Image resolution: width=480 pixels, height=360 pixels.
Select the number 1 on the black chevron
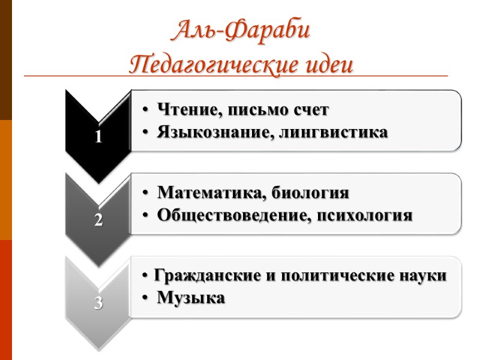coord(98,137)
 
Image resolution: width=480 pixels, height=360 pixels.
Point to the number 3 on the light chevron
coord(98,303)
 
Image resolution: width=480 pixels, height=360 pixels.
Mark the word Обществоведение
coord(232,215)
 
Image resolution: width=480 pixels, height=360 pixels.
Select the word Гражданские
coord(202,276)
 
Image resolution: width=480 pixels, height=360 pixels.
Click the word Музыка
coord(191,298)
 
